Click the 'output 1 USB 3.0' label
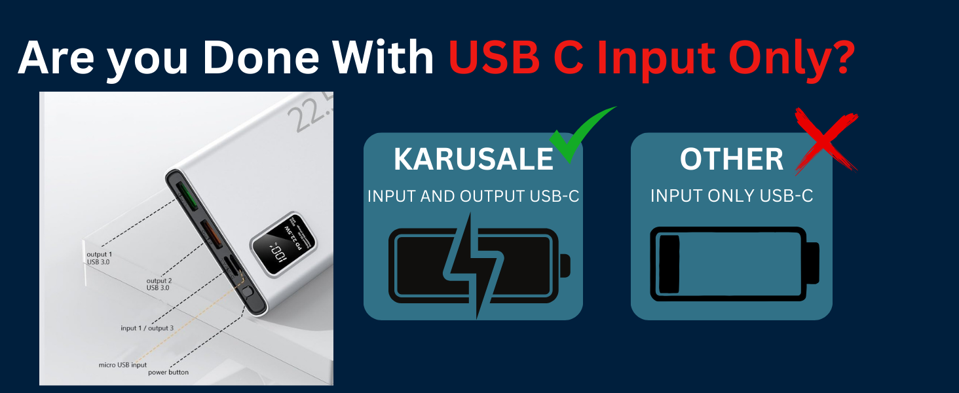99,258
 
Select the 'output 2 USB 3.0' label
159,284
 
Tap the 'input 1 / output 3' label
147,328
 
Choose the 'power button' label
168,372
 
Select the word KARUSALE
474,160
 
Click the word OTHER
732,160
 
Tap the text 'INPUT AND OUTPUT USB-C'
473,196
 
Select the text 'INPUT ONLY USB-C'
731,196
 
